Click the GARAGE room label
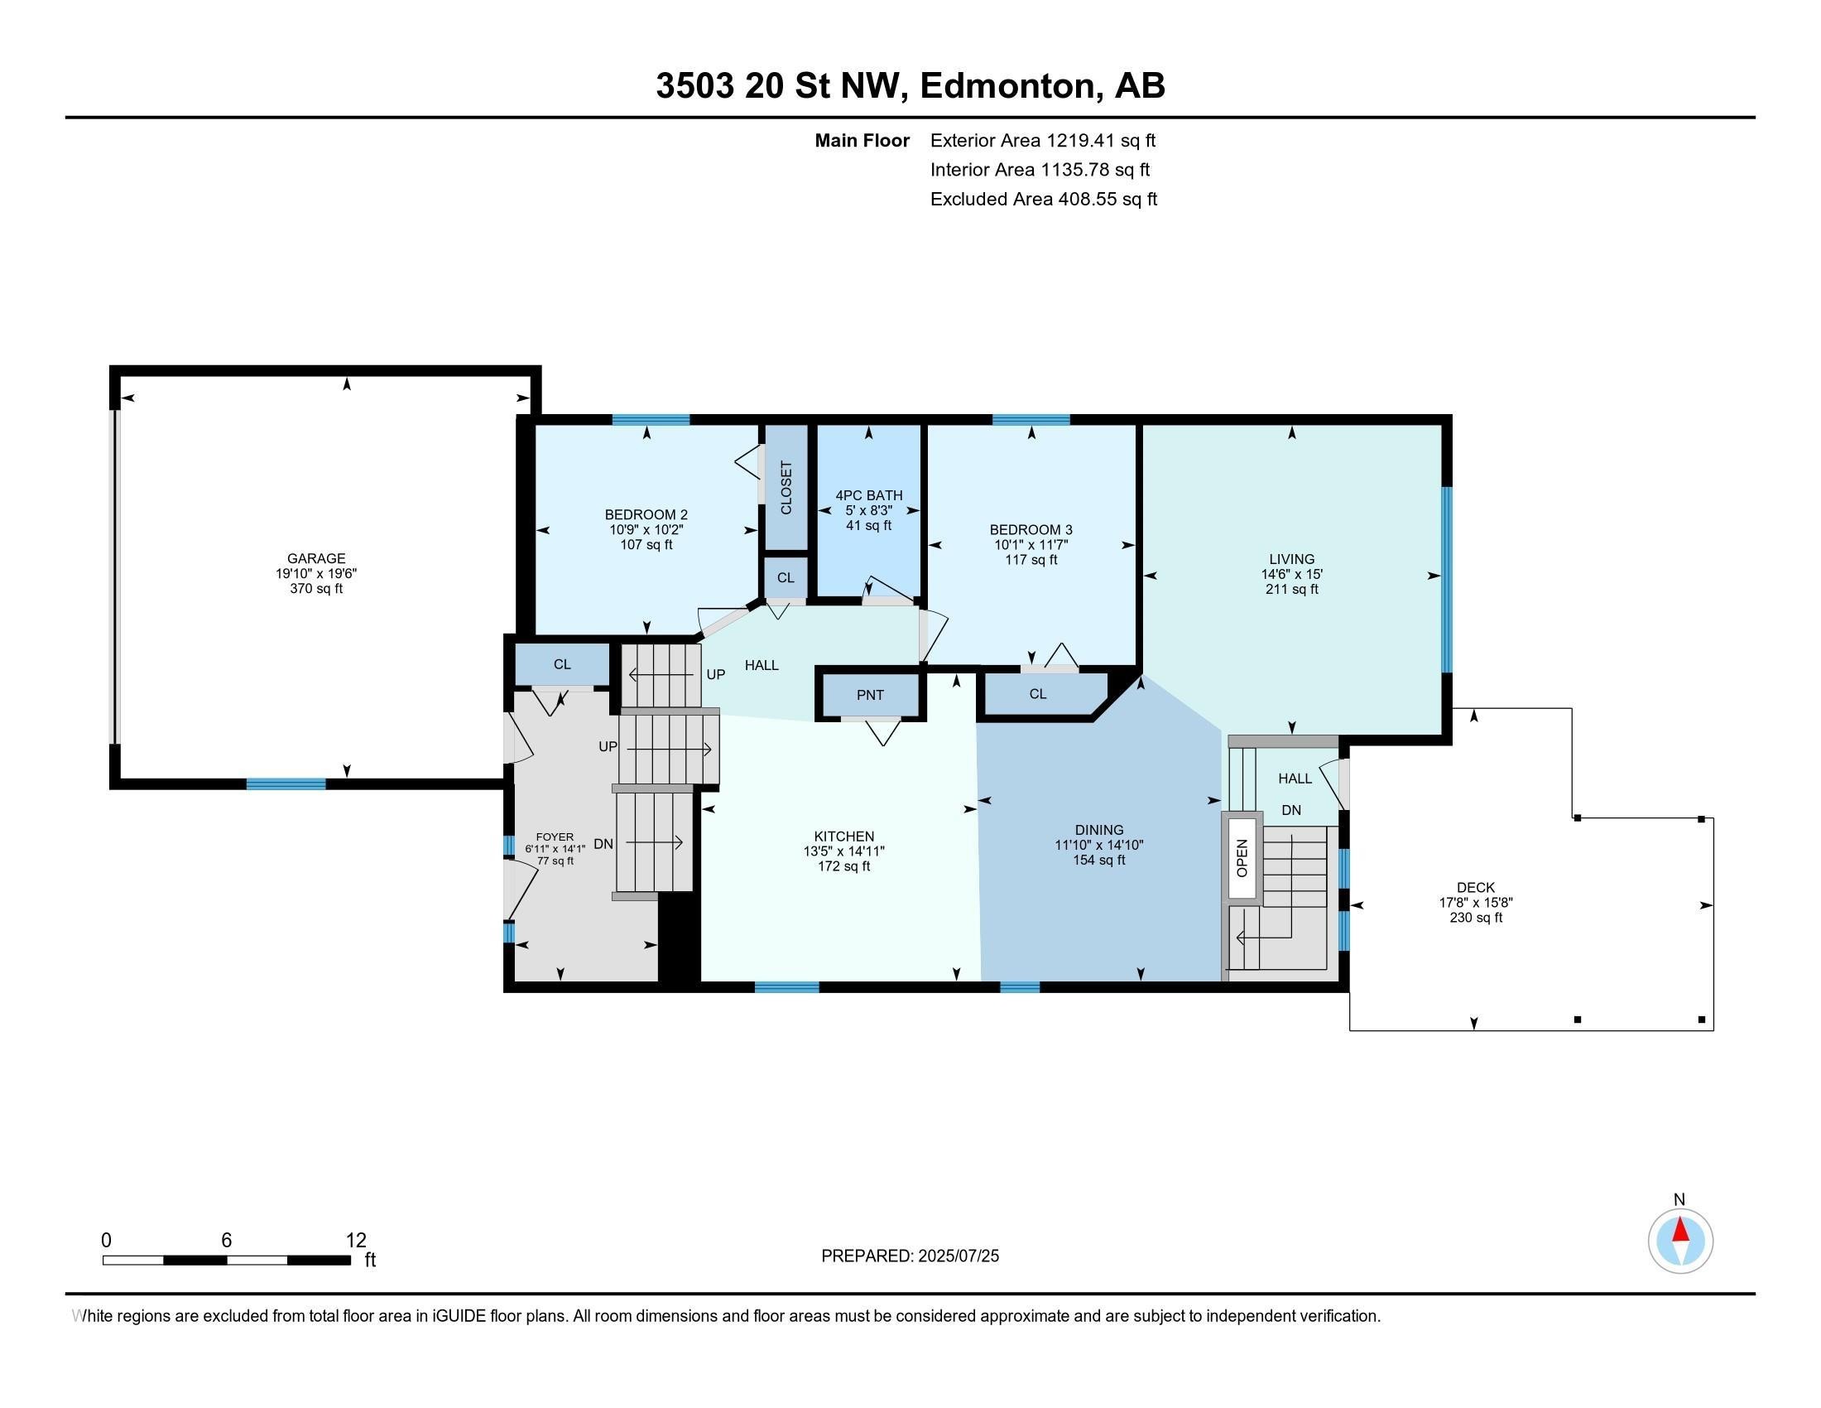316,558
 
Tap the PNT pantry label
870,695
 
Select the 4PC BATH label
869,495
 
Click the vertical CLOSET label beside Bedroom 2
786,488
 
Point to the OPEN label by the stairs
1242,857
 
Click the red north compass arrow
1680,1230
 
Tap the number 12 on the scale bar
356,1241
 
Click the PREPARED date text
910,1256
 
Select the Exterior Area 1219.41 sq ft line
1043,140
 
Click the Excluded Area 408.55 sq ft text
1044,199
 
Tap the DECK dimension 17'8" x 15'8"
1476,903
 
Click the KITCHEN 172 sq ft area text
843,866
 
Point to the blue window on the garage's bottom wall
286,784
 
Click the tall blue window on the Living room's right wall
1447,579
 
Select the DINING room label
1099,830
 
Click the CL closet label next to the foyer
562,664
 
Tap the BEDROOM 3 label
1031,530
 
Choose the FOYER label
555,837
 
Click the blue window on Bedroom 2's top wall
651,420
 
